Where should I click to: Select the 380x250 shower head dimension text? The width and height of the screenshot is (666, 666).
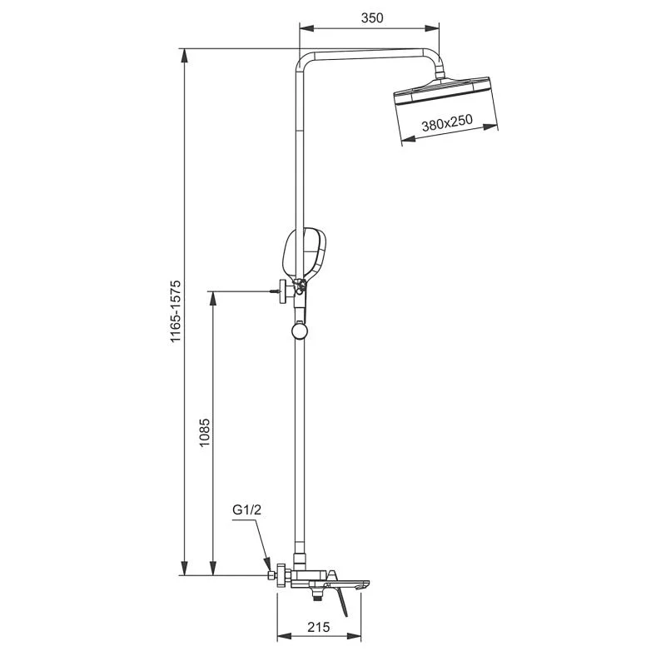(x=447, y=123)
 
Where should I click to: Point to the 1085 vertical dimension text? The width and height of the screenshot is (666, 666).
(x=205, y=433)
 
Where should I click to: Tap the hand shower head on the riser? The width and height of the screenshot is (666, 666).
(x=304, y=253)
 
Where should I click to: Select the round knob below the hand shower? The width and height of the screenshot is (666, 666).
(x=300, y=332)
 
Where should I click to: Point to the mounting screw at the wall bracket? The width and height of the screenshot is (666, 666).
(x=275, y=291)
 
